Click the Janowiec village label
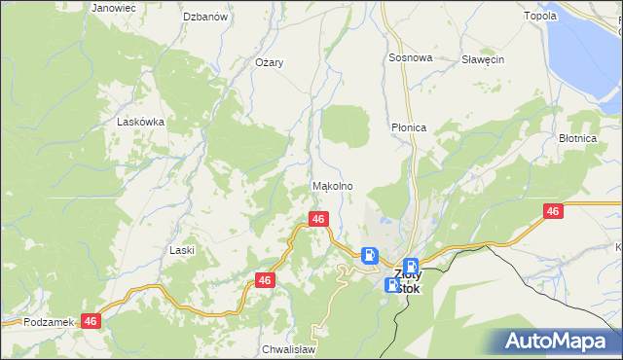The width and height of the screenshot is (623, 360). [114, 8]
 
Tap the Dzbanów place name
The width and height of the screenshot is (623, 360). [205, 17]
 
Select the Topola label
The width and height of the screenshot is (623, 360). [567, 16]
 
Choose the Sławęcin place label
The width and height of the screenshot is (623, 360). [483, 59]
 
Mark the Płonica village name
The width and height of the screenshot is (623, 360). [409, 127]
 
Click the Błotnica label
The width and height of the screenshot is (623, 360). [577, 138]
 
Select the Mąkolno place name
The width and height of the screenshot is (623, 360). [332, 186]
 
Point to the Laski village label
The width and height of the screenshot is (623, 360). [182, 250]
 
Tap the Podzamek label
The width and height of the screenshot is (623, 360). [49, 322]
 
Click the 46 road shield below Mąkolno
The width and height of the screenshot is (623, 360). [317, 220]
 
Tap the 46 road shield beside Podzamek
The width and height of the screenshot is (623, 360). [92, 320]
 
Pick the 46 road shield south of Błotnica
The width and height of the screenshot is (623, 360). [553, 211]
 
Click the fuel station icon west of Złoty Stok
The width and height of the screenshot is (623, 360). [370, 256]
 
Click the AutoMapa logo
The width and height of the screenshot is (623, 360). [559, 342]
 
